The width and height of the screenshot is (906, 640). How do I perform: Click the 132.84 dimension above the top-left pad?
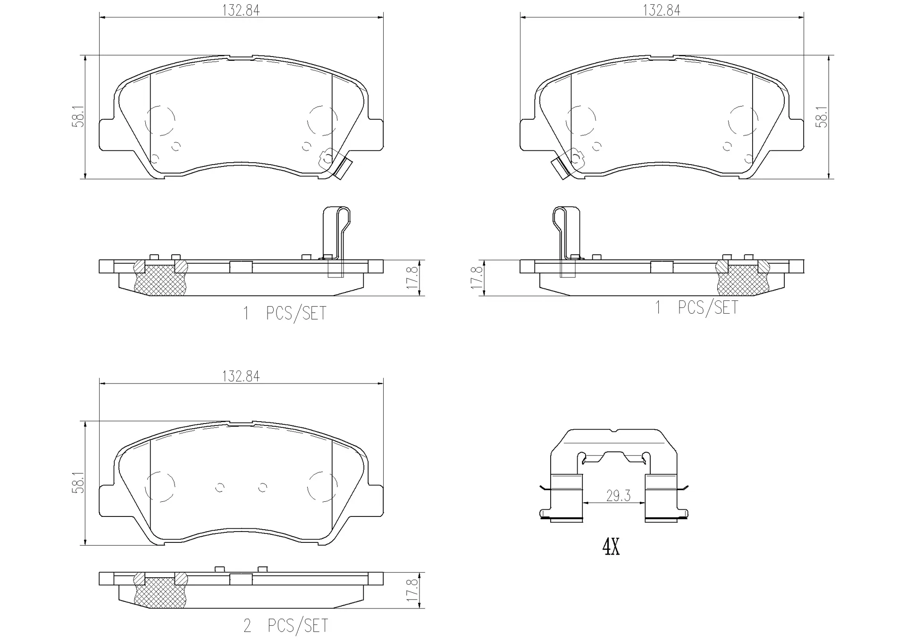[x=241, y=10]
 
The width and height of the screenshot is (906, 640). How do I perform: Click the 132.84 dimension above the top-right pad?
[x=662, y=10]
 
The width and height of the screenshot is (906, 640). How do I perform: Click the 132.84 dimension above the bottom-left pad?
[x=241, y=376]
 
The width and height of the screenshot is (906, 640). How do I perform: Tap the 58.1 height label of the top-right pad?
[x=822, y=116]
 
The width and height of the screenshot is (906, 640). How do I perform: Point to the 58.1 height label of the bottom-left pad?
[x=78, y=482]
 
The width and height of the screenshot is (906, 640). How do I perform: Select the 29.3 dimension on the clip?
[x=618, y=496]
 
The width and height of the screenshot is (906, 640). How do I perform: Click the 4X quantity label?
[x=611, y=547]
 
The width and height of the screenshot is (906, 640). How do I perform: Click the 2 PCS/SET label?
[x=285, y=626]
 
